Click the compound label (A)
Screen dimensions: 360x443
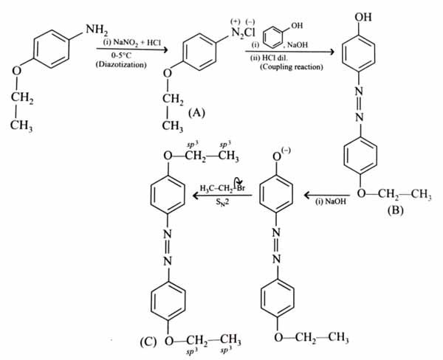(x=196, y=112)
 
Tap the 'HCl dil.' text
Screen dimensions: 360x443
(x=278, y=59)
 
